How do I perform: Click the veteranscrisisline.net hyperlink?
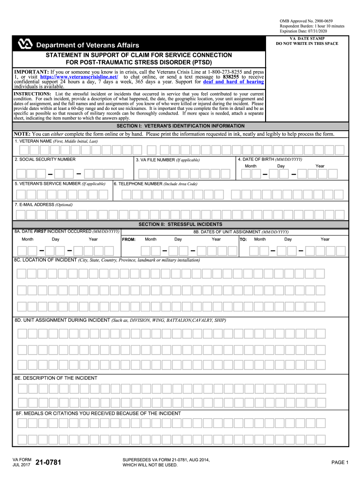[x=79, y=77]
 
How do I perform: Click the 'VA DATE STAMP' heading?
[x=307, y=38]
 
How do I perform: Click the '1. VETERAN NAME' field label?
[x=56, y=141]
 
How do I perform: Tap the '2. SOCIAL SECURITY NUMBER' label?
[x=45, y=160]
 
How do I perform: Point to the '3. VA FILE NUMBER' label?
[x=167, y=160]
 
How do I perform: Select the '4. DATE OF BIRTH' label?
[x=269, y=160]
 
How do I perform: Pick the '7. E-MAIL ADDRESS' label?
[x=44, y=204]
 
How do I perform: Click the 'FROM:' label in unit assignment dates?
[x=129, y=239]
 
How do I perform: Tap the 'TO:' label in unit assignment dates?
[x=243, y=239]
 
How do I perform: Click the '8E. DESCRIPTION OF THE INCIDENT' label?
[x=56, y=378]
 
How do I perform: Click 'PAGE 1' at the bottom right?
[x=340, y=463]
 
